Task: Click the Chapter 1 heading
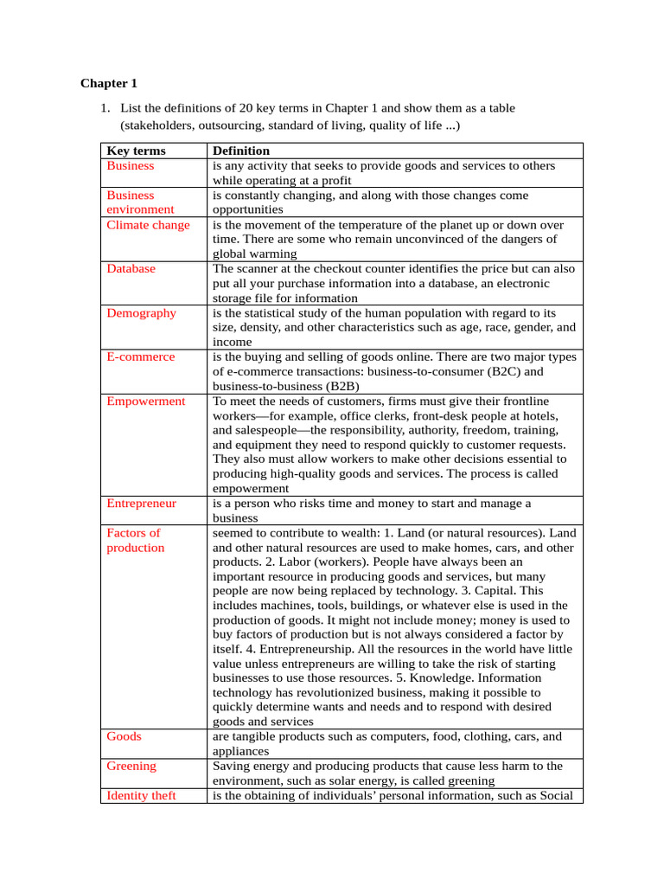coord(109,84)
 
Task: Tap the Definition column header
coord(241,151)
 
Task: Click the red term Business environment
coord(140,202)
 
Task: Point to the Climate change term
coord(148,225)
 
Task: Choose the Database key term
coord(131,269)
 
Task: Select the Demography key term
coord(141,313)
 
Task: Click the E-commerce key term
coord(140,357)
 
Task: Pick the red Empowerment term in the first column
coord(145,401)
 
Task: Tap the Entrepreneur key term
coord(142,504)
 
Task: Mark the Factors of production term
coord(135,541)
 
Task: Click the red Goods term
coord(124,737)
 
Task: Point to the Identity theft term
coord(141,796)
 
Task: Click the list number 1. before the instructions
coord(105,108)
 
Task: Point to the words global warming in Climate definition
coord(254,254)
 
